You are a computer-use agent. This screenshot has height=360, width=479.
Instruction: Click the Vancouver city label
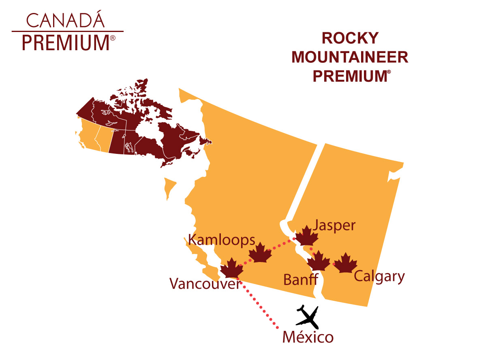(x=205, y=284)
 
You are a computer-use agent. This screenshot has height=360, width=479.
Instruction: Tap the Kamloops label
(x=222, y=240)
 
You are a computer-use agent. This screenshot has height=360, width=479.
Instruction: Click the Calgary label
(x=379, y=277)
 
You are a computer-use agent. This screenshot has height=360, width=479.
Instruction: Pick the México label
(x=308, y=337)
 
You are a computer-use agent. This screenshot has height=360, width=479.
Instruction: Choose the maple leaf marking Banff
(x=319, y=261)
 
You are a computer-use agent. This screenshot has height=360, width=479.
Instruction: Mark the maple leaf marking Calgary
(x=345, y=263)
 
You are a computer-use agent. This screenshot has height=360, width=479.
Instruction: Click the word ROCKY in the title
(x=350, y=38)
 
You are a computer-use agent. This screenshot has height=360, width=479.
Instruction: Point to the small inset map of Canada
(x=142, y=126)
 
